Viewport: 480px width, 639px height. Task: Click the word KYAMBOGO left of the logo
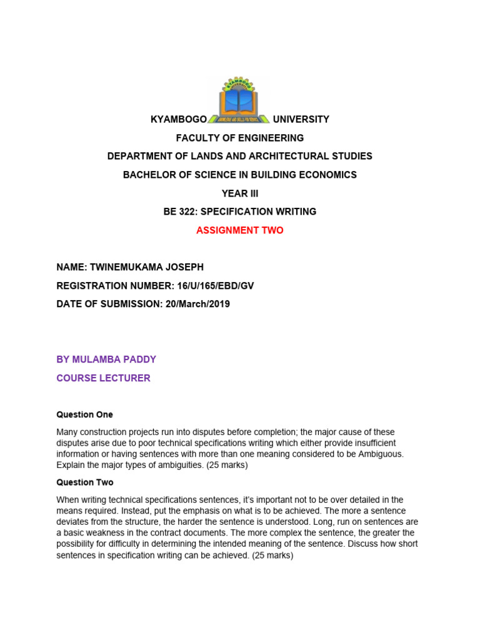tap(179, 119)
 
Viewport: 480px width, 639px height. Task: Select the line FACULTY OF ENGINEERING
tap(240, 138)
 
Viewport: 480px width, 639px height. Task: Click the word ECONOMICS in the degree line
tap(322, 175)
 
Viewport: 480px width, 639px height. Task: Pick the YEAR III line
tap(240, 193)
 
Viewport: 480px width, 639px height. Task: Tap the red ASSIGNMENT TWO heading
tap(240, 230)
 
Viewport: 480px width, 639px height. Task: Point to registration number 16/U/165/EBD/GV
tap(204, 286)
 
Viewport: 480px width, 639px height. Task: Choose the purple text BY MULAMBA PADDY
tap(106, 359)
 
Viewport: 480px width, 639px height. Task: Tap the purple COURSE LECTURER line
tap(103, 378)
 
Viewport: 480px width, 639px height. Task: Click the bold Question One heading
tap(84, 414)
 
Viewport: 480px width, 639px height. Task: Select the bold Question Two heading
tap(85, 482)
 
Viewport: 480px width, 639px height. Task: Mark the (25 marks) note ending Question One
tap(222, 465)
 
